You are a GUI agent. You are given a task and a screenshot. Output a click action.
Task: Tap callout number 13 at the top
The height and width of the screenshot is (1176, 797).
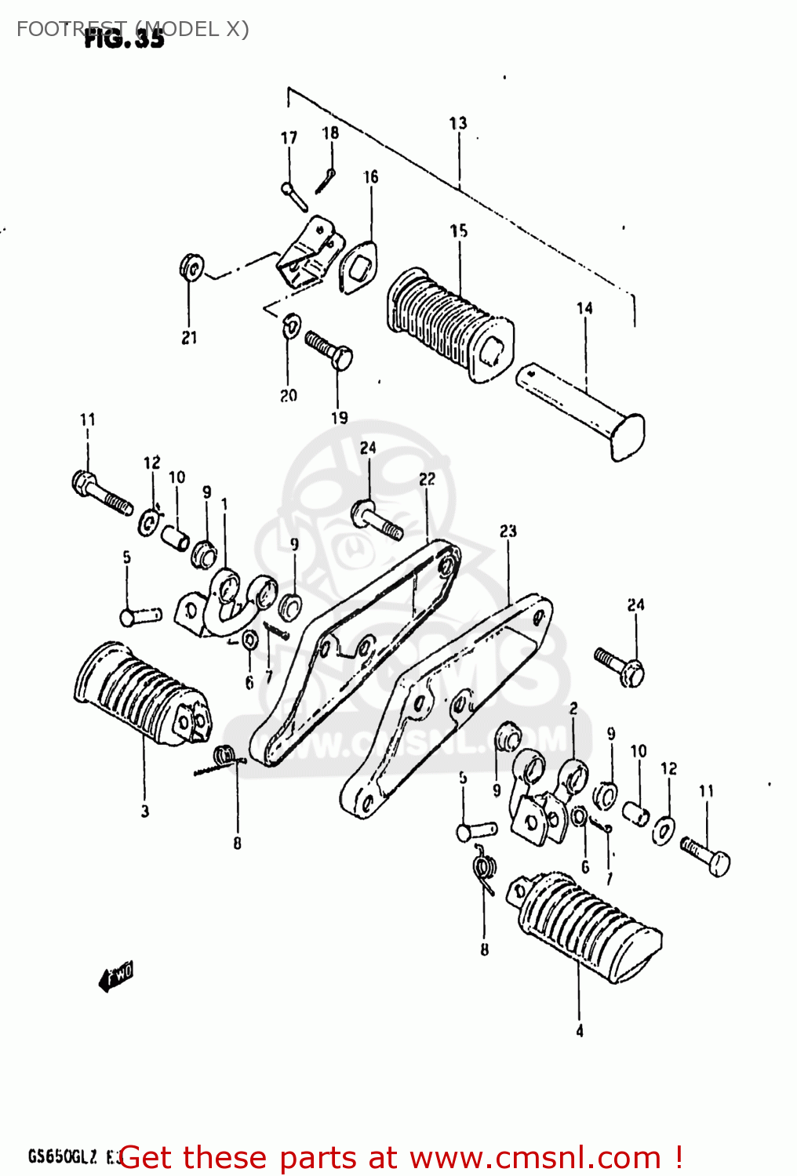[x=458, y=123]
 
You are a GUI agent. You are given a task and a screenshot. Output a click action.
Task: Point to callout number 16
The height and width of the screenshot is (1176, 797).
[x=370, y=177]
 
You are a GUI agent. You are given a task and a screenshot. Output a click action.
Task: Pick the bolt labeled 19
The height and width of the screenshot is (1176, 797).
[x=329, y=349]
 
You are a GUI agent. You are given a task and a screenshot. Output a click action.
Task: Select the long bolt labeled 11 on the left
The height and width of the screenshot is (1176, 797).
[x=102, y=492]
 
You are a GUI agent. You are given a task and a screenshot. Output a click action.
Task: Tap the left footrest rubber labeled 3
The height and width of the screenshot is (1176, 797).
[x=141, y=695]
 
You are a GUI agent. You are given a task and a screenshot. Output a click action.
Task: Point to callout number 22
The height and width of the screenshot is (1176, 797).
[x=427, y=479]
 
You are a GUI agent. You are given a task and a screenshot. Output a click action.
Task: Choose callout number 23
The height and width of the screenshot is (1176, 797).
[x=508, y=532]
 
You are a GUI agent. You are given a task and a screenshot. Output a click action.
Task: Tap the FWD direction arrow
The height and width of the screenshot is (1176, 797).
[x=116, y=976]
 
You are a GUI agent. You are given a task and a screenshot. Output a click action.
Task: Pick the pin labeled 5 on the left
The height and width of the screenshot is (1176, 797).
[x=140, y=615]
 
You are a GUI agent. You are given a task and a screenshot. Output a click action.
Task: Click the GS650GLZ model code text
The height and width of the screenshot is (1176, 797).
[x=63, y=1156]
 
